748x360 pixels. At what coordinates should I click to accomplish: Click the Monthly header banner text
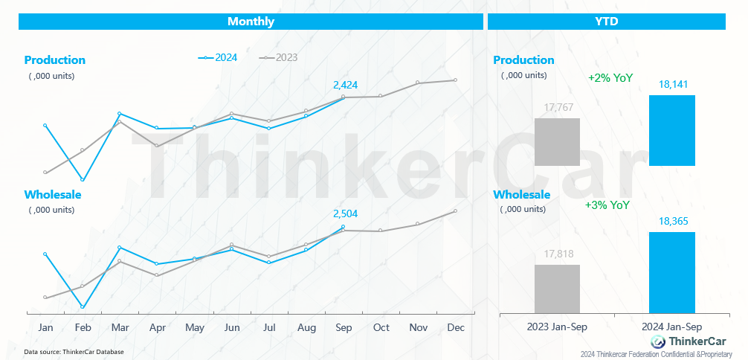pyautogui.click(x=251, y=22)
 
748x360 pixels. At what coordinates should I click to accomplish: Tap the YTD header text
pyautogui.click(x=607, y=22)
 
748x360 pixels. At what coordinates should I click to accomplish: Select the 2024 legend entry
pyautogui.click(x=218, y=58)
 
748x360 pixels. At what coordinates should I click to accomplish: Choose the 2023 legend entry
pyautogui.click(x=278, y=58)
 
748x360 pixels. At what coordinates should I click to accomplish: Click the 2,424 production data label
pyautogui.click(x=346, y=86)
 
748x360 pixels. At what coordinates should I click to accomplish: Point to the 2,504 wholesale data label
pyautogui.click(x=346, y=213)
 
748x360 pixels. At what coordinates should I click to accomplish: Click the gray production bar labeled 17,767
pyautogui.click(x=557, y=142)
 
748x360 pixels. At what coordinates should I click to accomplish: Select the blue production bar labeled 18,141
pyautogui.click(x=672, y=130)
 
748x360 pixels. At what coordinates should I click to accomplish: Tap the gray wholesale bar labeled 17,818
pyautogui.click(x=557, y=289)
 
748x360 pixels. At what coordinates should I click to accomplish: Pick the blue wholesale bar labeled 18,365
pyautogui.click(x=672, y=273)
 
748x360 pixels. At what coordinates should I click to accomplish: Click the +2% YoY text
pyautogui.click(x=610, y=78)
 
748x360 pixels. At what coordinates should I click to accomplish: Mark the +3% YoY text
pyautogui.click(x=607, y=205)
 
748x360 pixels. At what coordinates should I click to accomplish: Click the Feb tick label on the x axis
pyautogui.click(x=83, y=328)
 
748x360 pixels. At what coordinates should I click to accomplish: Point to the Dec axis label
pyautogui.click(x=456, y=328)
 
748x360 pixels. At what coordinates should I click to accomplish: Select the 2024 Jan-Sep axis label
pyautogui.click(x=671, y=327)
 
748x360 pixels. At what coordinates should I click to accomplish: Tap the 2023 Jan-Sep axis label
pyautogui.click(x=557, y=327)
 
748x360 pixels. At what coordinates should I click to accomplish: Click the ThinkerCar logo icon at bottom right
pyautogui.click(x=659, y=341)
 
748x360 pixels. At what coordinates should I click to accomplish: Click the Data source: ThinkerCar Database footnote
pyautogui.click(x=74, y=352)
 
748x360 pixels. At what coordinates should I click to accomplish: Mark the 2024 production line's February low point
pyautogui.click(x=83, y=180)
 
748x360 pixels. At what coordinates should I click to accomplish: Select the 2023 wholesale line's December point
pyautogui.click(x=455, y=210)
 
